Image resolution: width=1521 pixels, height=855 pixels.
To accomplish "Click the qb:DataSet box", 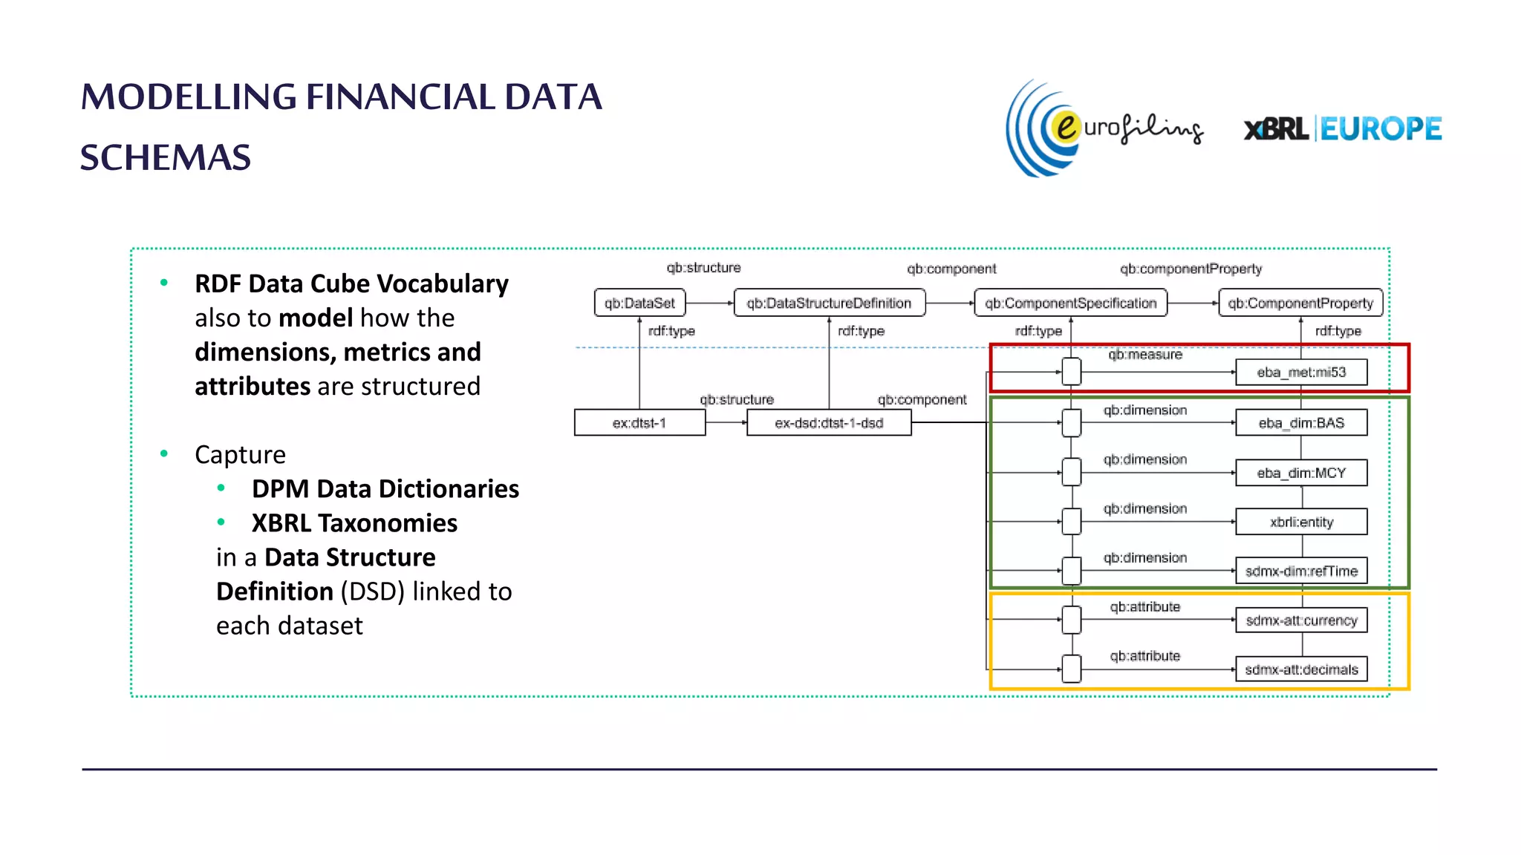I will click(639, 303).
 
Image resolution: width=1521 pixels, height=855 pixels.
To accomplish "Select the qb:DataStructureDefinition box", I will click(829, 303).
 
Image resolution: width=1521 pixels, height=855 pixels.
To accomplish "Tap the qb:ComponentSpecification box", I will click(1070, 303).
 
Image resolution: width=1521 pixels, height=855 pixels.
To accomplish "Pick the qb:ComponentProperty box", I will click(1300, 303).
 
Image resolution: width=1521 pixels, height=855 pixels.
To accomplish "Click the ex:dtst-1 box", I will click(639, 423).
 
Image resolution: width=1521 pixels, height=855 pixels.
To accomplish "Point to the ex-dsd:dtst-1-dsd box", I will click(829, 423).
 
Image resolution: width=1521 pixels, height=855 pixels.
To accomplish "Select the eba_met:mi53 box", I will click(1301, 372).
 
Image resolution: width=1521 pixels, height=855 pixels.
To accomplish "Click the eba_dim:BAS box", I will click(1301, 423).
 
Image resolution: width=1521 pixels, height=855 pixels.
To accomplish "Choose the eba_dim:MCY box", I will click(1301, 473).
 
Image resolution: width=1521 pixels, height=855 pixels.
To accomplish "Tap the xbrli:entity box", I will click(1301, 522).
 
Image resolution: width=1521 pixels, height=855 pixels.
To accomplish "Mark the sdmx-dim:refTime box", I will click(1301, 571).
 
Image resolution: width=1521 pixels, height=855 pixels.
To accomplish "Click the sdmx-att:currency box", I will click(1301, 620).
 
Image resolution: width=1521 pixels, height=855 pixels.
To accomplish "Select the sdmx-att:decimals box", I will click(1301, 669).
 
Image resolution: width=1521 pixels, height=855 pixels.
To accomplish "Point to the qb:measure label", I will click(1144, 355).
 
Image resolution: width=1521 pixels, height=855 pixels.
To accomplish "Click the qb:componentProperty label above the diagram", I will click(1191, 269).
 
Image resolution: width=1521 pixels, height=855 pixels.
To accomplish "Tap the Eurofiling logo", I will click(1104, 128).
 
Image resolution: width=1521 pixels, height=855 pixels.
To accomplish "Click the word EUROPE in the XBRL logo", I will click(1381, 129).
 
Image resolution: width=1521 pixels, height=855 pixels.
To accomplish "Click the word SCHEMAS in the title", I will click(166, 157).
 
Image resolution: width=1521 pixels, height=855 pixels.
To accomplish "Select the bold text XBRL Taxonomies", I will click(354, 523).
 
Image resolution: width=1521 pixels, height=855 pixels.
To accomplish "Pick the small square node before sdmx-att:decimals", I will click(1071, 669).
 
